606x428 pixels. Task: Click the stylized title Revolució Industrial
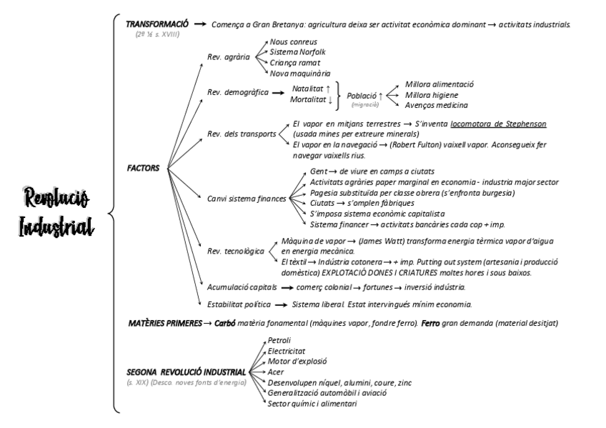click(x=56, y=214)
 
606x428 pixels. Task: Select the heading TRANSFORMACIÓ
click(x=156, y=24)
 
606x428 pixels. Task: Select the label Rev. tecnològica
click(x=236, y=252)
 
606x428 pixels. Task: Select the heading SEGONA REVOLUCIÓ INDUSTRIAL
click(x=184, y=372)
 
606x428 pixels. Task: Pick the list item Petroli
click(x=279, y=340)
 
